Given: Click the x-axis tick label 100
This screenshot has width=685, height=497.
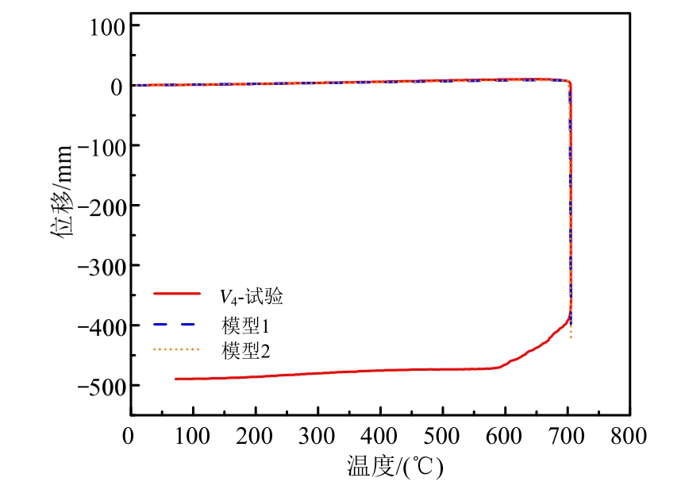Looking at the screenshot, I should click(193, 435).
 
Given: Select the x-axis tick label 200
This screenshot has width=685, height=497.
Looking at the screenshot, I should click(256, 435).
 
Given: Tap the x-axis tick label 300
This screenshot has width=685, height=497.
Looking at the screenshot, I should click(317, 435).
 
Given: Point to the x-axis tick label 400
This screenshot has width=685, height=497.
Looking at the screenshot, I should click(380, 435).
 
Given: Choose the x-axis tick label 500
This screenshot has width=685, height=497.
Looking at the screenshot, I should click(443, 435).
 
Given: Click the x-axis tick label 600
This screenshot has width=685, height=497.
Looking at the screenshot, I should click(505, 435).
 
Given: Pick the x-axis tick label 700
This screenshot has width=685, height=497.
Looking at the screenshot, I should click(568, 435).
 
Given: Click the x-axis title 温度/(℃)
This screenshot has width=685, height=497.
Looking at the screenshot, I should click(394, 466).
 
